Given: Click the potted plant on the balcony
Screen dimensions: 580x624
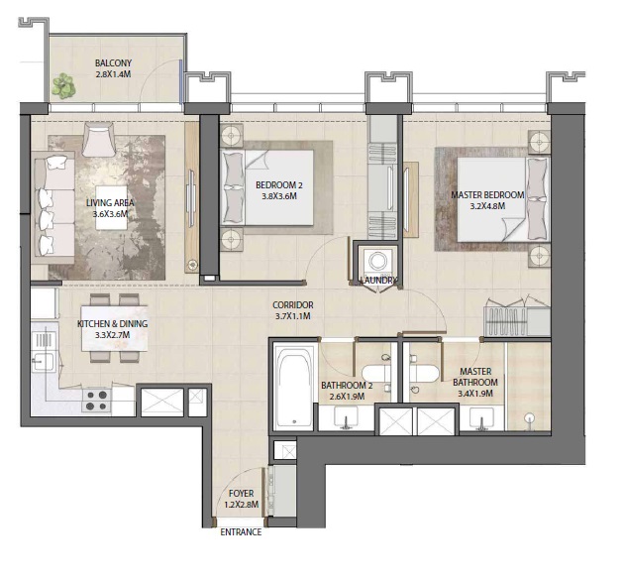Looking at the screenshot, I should point(64,87).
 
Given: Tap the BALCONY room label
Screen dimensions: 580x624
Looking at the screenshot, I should point(113,62).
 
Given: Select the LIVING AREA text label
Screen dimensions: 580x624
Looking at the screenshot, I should point(110,202).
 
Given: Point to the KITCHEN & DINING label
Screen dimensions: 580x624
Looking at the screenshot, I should point(111,323).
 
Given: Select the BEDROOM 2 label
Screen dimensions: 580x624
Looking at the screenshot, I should point(278,184).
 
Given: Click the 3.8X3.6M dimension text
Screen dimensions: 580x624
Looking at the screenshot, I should point(278,196).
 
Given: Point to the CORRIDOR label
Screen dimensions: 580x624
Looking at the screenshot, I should point(293,305).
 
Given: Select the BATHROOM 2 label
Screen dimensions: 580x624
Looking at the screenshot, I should point(347,385).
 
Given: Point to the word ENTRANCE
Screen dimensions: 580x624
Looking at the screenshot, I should point(241,532).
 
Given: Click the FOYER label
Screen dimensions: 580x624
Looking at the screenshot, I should point(242,493).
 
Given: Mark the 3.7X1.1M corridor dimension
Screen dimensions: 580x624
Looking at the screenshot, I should point(293,317).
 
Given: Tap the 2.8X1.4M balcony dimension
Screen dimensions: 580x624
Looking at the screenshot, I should point(113,74).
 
